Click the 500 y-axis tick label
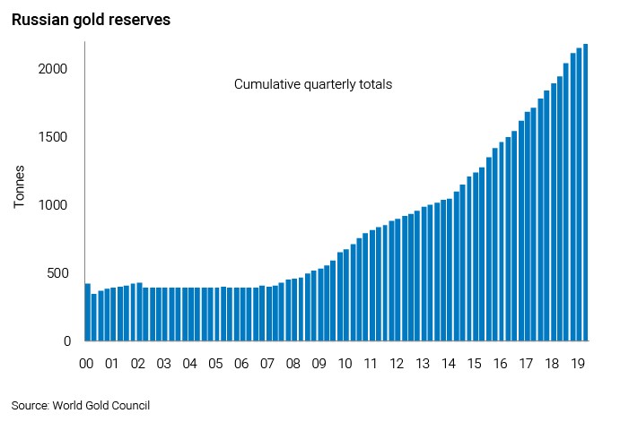[57, 273]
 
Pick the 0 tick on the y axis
[67, 341]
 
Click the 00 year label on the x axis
[86, 365]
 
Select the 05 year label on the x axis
[216, 365]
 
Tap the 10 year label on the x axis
[345, 365]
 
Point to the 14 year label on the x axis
[450, 365]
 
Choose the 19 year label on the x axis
[580, 365]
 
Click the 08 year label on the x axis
[293, 365]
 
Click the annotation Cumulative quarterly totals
[313, 85]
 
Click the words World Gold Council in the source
[101, 405]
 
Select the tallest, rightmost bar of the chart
[586, 193]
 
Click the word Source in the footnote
[31, 405]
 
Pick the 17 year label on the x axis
[528, 365]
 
